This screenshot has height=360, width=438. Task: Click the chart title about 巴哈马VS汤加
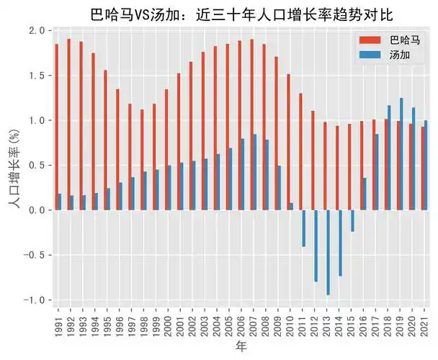point(242,14)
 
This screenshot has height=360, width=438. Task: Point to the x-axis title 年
point(242,347)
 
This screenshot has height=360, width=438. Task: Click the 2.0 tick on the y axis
point(35,30)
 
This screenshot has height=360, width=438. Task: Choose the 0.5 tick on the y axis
point(35,165)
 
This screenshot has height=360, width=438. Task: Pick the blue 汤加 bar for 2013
point(328,252)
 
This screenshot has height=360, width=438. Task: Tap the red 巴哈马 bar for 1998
point(142,159)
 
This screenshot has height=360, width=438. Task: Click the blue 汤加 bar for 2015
point(352,220)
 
